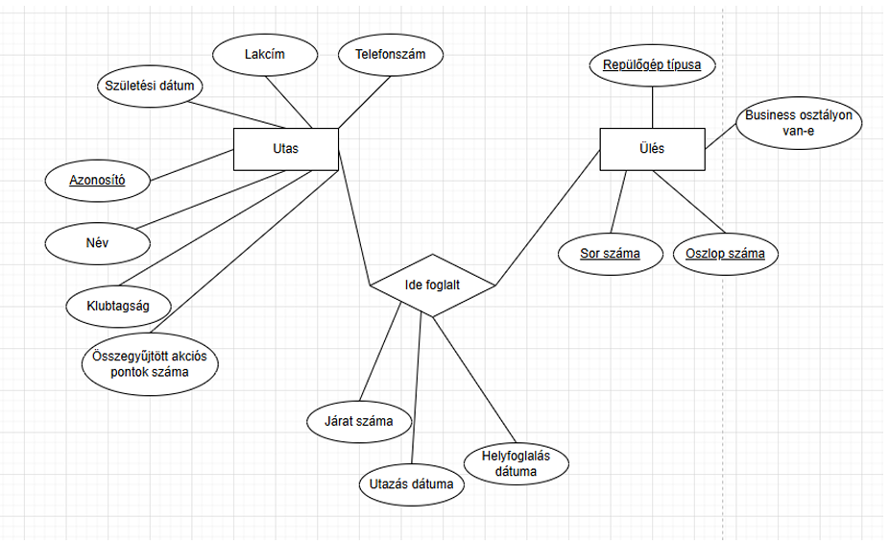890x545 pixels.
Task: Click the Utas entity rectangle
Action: pos(286,149)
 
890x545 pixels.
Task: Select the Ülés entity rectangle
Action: pos(652,149)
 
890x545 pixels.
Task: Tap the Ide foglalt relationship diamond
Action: pos(433,285)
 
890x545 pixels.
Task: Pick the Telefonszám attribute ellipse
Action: pos(391,55)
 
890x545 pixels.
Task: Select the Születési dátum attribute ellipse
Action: pos(150,87)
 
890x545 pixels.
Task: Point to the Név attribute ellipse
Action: pos(96,242)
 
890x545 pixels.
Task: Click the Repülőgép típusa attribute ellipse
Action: pos(652,66)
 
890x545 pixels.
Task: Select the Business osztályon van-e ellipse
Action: pos(799,124)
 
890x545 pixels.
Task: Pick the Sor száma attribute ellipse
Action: pos(610,254)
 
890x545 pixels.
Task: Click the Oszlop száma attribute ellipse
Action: pos(726,254)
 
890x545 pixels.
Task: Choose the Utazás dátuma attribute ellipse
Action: pos(411,484)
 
